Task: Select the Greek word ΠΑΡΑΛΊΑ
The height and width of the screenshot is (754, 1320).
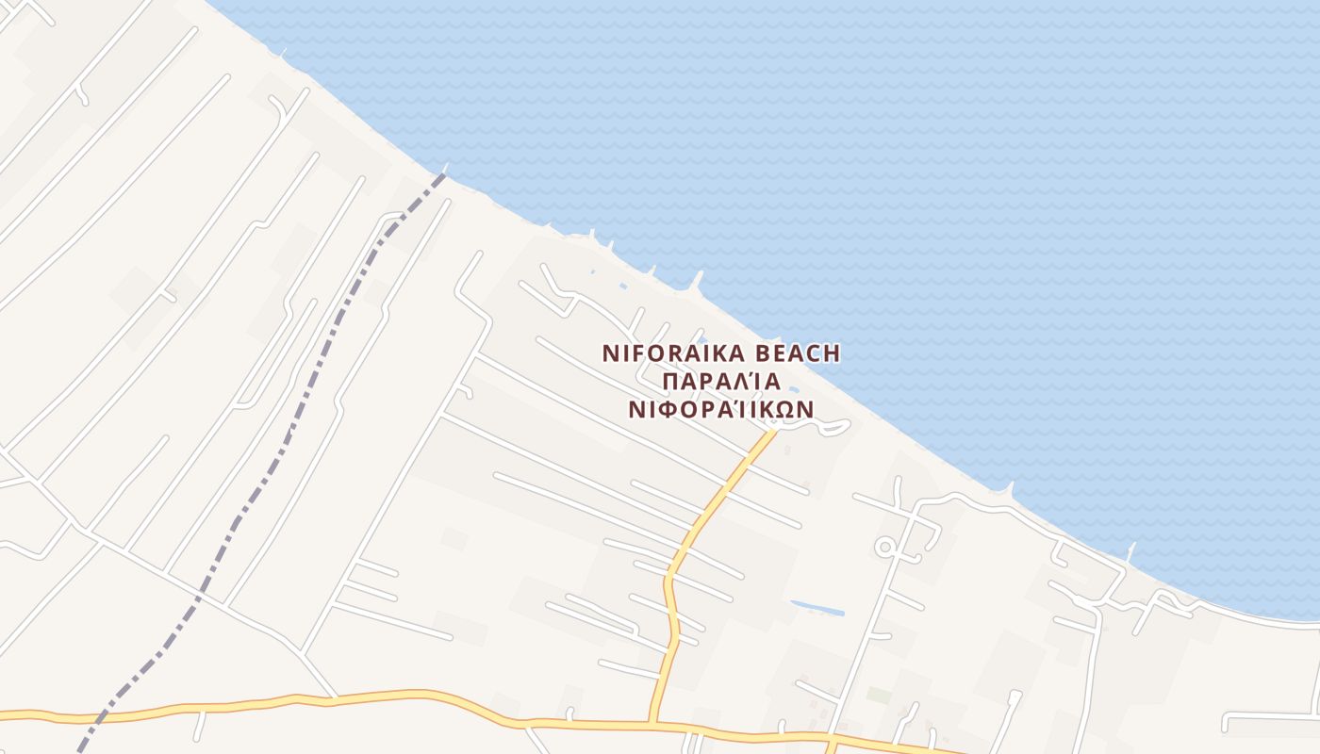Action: pyautogui.click(x=721, y=382)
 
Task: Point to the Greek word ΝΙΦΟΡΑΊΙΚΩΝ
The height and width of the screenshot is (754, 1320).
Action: pyautogui.click(x=721, y=410)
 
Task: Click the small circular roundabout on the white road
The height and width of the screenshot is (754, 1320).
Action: pyautogui.click(x=884, y=547)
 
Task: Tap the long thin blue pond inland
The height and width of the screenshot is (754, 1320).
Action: pyautogui.click(x=817, y=608)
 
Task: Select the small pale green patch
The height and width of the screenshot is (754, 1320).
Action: pyautogui.click(x=879, y=695)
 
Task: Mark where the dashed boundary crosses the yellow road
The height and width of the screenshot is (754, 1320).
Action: pyautogui.click(x=102, y=714)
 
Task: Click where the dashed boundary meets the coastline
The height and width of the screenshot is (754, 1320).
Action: pyautogui.click(x=444, y=172)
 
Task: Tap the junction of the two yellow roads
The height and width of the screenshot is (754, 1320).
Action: pyautogui.click(x=651, y=724)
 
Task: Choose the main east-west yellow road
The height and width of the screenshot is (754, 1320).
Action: pyautogui.click(x=377, y=697)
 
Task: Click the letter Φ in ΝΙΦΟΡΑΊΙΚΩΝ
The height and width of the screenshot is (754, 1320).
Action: pyautogui.click(x=671, y=410)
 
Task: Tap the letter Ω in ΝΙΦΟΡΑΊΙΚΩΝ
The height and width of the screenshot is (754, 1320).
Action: pyautogui.click(x=781, y=410)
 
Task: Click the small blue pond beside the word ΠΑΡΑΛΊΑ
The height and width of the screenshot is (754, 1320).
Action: pyautogui.click(x=794, y=388)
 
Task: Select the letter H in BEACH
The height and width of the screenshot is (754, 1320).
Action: pyautogui.click(x=830, y=353)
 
